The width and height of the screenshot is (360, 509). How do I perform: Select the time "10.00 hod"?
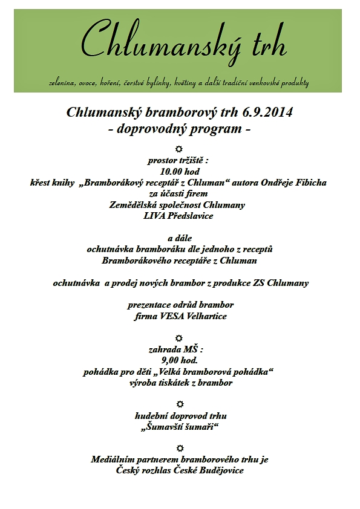pos(179,171)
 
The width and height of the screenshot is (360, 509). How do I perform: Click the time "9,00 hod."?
pos(179,360)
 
